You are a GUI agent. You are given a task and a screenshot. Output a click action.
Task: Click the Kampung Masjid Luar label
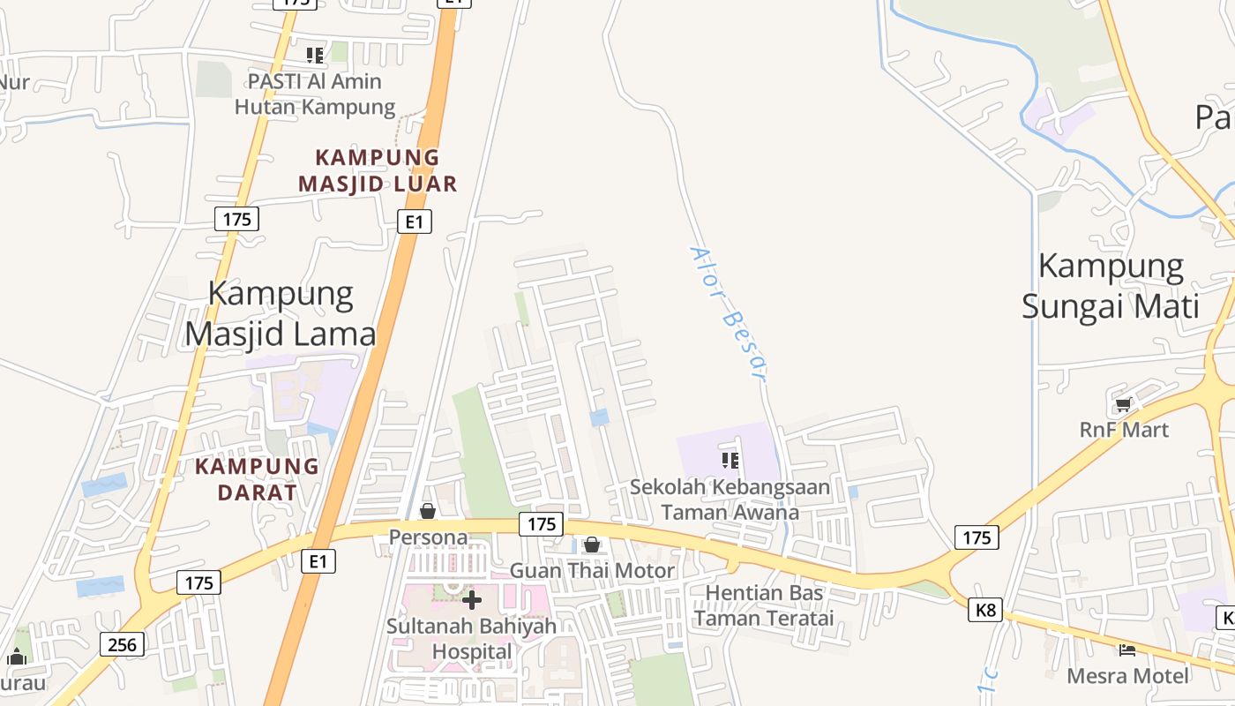point(378,170)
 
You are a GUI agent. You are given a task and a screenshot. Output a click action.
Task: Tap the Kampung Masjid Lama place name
point(281,313)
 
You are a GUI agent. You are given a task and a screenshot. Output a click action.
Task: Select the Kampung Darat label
point(257,479)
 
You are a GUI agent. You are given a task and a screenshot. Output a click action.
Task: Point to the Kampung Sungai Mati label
point(1111,286)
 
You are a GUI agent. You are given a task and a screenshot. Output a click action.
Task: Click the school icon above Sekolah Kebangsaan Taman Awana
point(730,460)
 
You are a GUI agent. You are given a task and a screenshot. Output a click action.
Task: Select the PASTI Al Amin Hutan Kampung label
point(315,94)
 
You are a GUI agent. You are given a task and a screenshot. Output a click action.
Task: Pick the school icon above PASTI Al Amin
point(315,56)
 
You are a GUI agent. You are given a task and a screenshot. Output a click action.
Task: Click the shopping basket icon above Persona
point(428,511)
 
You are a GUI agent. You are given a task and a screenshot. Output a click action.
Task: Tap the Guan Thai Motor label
point(592,571)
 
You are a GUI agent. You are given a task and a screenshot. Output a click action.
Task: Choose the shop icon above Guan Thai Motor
point(592,545)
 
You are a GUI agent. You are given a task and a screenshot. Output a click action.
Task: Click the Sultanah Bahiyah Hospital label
point(472,639)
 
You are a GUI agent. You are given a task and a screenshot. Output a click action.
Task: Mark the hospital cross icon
point(472,601)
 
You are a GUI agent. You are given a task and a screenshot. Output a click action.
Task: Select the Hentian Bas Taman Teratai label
point(764,605)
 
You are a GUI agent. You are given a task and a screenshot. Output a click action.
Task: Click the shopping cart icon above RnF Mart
point(1123,405)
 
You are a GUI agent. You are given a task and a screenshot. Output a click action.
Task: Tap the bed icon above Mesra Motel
point(1127,650)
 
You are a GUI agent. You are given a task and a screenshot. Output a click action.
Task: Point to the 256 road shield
point(122,644)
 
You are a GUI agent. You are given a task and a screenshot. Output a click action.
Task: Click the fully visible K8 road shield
point(985,609)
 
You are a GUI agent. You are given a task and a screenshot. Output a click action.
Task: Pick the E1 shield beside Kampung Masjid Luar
point(414,221)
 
